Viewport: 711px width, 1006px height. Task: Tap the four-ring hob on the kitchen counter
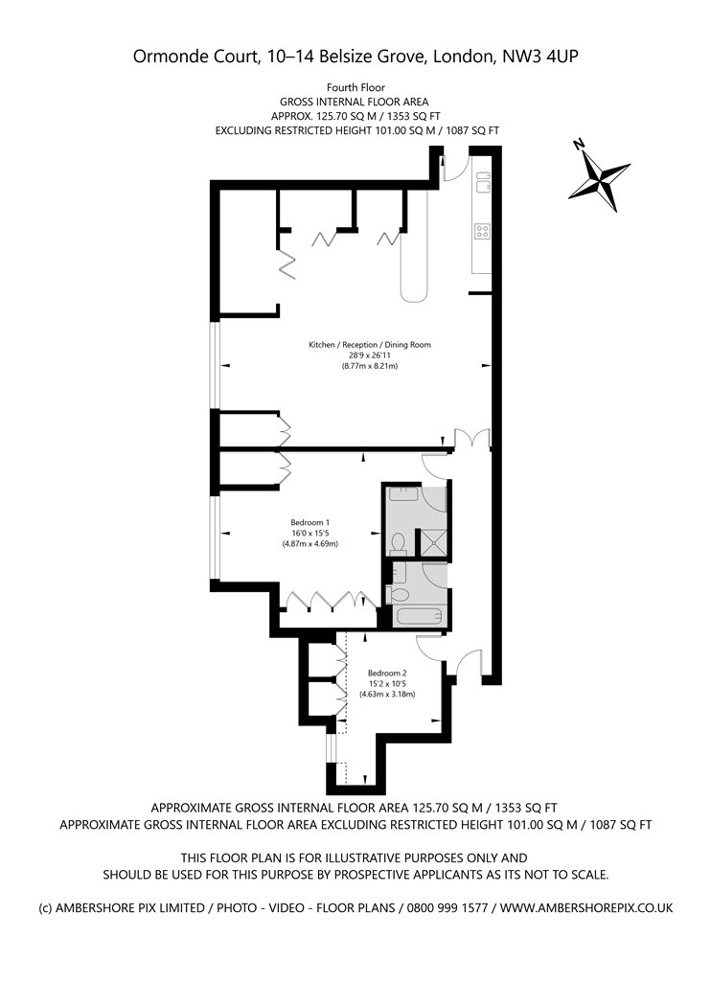point(482,231)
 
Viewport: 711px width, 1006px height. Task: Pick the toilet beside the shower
point(399,543)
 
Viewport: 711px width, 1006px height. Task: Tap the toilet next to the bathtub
point(397,593)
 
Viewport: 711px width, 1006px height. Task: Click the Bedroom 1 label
point(310,522)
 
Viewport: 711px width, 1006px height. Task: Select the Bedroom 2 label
point(387,673)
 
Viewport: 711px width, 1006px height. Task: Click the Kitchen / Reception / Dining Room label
point(370,345)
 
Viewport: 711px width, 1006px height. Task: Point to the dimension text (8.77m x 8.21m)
point(370,366)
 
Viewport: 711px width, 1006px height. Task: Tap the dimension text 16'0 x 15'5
point(310,533)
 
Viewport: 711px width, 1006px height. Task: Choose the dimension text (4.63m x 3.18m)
point(387,695)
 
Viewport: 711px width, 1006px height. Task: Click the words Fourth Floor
point(355,87)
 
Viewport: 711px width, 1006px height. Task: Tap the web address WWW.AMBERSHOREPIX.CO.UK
point(586,908)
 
